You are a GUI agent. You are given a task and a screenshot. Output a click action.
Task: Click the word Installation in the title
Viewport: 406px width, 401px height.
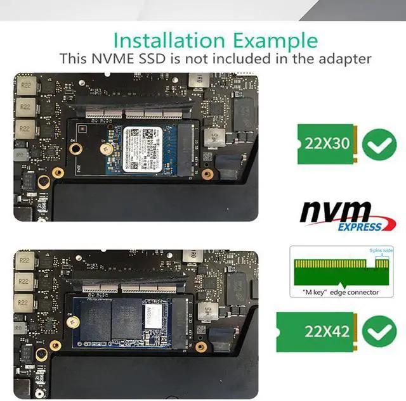pos(163,41)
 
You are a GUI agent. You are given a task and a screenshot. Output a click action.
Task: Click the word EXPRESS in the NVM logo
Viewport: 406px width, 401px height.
pos(359,226)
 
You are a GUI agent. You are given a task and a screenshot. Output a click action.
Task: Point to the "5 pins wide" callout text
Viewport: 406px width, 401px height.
pos(381,251)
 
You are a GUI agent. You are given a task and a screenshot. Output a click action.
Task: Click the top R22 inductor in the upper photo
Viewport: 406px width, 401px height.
pos(25,84)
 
